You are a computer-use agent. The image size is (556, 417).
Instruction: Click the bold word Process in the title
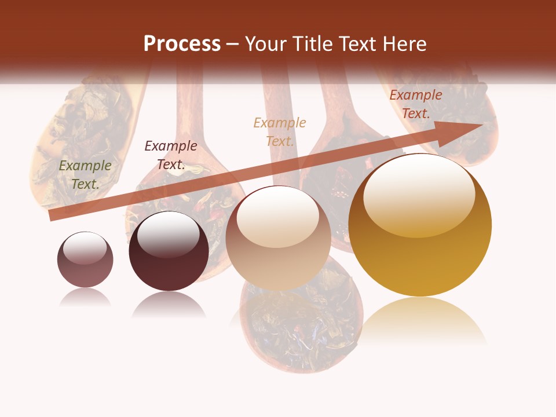pyautogui.click(x=182, y=44)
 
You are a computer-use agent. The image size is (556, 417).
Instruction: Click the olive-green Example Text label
pyautogui.click(x=85, y=175)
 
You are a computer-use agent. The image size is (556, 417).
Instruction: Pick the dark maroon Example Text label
pyautogui.click(x=171, y=155)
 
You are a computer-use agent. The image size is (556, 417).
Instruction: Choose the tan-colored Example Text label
pyautogui.click(x=280, y=131)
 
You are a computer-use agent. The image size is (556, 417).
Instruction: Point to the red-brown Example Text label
pyautogui.click(x=416, y=104)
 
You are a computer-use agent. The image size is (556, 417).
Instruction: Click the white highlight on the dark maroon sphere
pyautogui.click(x=168, y=233)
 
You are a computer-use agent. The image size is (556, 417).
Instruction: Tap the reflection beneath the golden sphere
pyautogui.click(x=421, y=321)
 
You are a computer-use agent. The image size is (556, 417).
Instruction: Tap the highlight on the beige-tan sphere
pyautogui.click(x=277, y=216)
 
